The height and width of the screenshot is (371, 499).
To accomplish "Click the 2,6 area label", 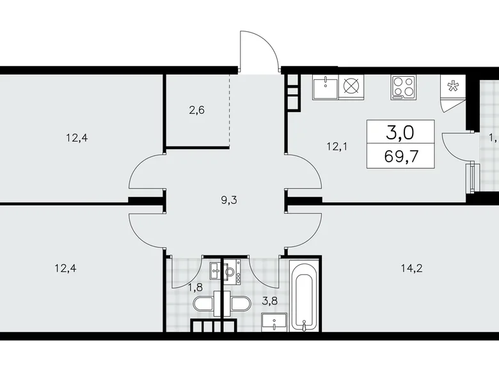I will [196, 109].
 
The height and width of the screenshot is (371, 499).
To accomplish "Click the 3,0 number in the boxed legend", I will [400, 132].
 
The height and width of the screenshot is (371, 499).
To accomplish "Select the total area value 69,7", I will [400, 155].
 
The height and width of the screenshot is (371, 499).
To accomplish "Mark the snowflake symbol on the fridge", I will [453, 87].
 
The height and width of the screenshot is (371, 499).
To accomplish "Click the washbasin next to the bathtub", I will [276, 322].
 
